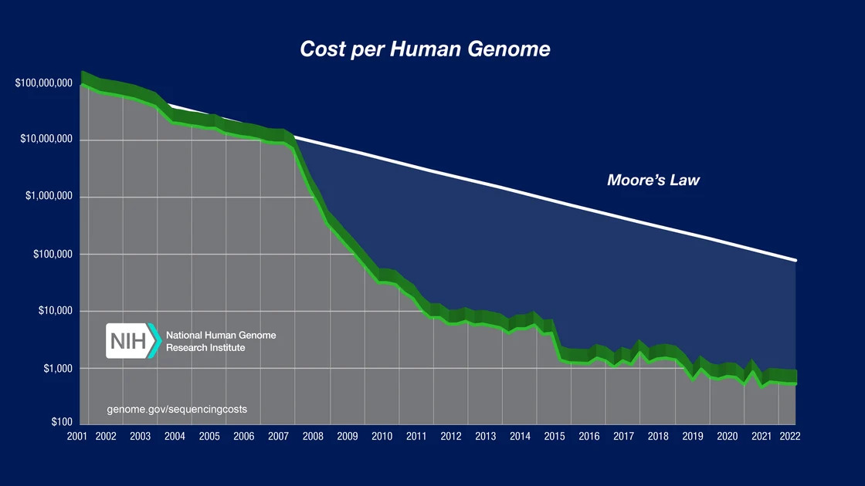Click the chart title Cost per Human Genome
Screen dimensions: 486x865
pyautogui.click(x=425, y=49)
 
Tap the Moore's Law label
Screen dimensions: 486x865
pyautogui.click(x=653, y=181)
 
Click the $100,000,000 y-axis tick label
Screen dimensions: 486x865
pyautogui.click(x=44, y=83)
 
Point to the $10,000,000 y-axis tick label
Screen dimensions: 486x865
pyautogui.click(x=46, y=140)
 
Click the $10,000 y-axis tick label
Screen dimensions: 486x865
pyautogui.click(x=55, y=311)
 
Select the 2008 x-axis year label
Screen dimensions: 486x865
pyautogui.click(x=313, y=437)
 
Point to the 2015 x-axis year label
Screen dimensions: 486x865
pyautogui.click(x=555, y=437)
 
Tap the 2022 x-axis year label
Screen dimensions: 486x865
pyautogui.click(x=789, y=437)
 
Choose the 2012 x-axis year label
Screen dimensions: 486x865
pyautogui.click(x=451, y=437)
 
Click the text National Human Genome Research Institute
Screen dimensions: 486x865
pyautogui.click(x=220, y=342)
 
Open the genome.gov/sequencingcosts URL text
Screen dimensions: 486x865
pyautogui.click(x=177, y=408)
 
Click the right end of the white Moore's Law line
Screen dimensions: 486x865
pyautogui.click(x=795, y=261)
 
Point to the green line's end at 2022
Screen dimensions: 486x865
pyautogui.click(x=795, y=383)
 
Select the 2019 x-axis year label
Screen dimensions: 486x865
pyautogui.click(x=693, y=437)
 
